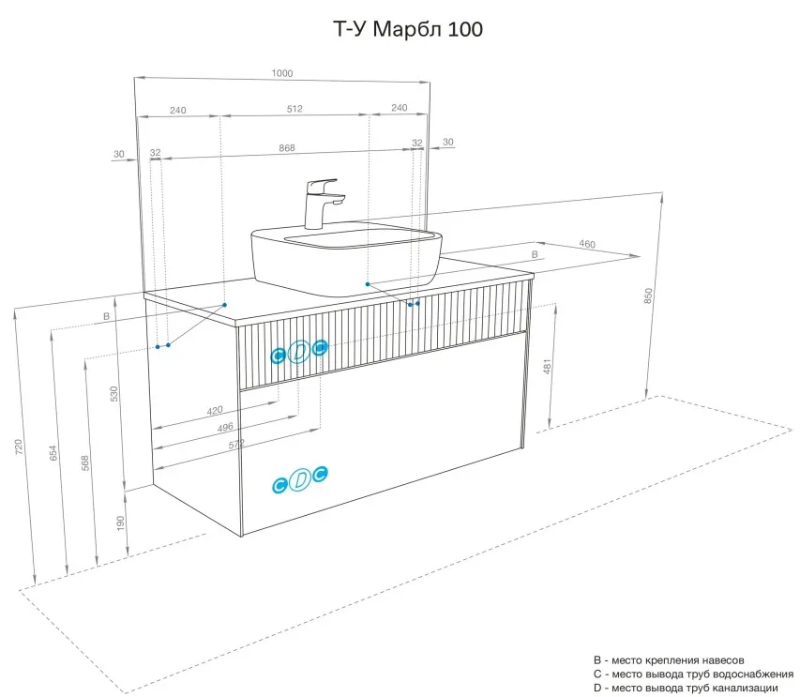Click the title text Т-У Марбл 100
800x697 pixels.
pos(408,29)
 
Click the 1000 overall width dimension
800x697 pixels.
pos(282,73)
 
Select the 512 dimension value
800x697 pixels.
pos(294,109)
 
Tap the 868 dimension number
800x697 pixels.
pos(287,148)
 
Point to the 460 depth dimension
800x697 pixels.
pos(587,244)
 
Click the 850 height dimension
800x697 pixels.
pos(648,295)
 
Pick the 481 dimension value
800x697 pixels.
pos(547,367)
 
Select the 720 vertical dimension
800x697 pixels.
pos(19,447)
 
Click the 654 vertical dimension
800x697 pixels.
pos(53,453)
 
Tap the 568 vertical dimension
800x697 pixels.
pos(85,462)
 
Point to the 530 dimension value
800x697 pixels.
pos(113,394)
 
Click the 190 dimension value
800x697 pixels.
pos(120,523)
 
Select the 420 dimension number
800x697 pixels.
pos(215,410)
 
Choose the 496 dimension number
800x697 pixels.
pos(225,427)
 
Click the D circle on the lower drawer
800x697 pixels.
pos(300,479)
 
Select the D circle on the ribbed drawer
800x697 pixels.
pos(299,352)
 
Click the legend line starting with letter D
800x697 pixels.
pos(686,689)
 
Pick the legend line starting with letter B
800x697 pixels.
pos(669,660)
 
